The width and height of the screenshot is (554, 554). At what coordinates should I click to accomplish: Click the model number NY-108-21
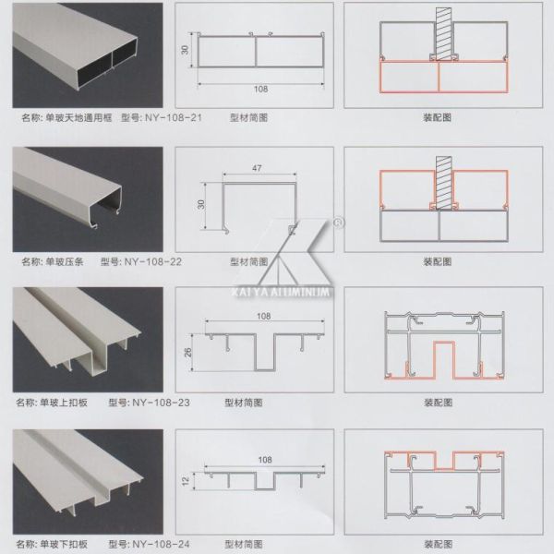(175, 119)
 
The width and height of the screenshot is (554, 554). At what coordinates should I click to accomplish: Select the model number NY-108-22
(152, 261)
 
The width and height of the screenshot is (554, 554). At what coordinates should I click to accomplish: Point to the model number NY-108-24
(161, 544)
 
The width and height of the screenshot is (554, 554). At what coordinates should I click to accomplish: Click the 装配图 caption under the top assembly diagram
(438, 119)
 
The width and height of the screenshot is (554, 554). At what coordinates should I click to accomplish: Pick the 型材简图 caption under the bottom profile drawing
(245, 544)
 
